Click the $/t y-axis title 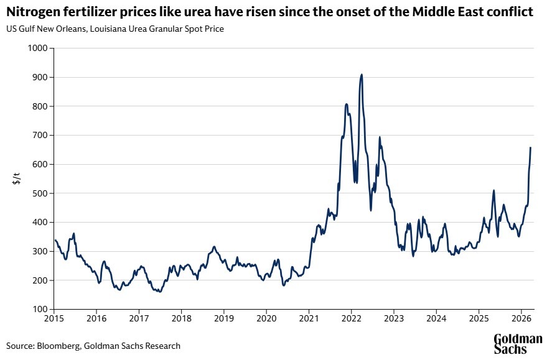[17, 179]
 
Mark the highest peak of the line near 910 [362, 75]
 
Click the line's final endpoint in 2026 [530, 147]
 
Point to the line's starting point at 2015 [54, 240]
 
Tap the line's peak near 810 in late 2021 [346, 104]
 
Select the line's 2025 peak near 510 [493, 191]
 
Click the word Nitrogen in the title [32, 12]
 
